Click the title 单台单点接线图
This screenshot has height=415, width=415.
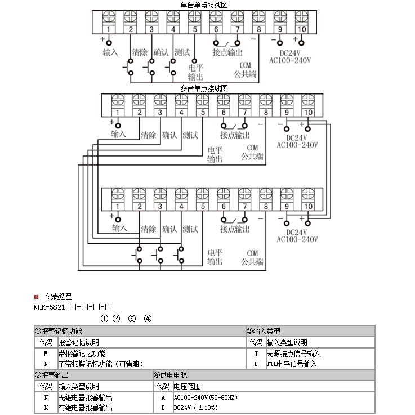(x=204, y=5)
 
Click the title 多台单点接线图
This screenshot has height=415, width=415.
(x=204, y=88)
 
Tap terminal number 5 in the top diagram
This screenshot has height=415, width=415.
(x=194, y=29)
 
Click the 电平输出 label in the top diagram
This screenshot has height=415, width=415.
(x=195, y=72)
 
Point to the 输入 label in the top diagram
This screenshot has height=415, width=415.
(x=110, y=52)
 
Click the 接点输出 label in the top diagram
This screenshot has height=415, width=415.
(x=227, y=52)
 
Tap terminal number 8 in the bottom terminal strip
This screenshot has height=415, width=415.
(x=266, y=207)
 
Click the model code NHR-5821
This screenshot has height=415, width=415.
(x=50, y=307)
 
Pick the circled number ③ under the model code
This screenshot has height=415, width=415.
(x=132, y=319)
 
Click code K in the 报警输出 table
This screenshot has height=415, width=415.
(x=46, y=408)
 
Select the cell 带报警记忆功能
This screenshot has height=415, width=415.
(x=82, y=354)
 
